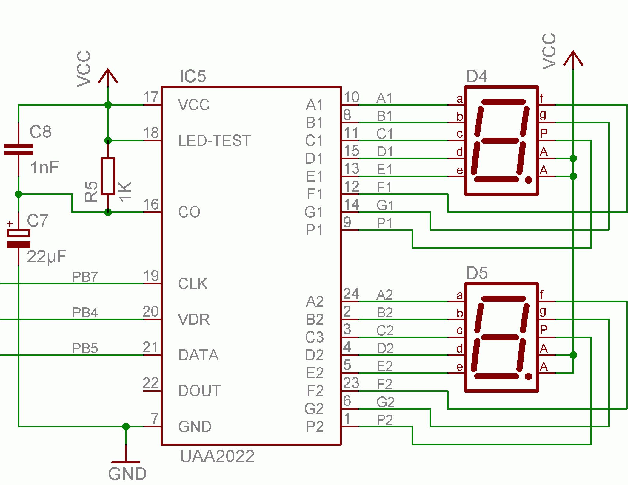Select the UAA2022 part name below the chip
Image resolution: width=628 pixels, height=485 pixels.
point(217,456)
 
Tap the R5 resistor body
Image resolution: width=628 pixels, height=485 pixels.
point(108,176)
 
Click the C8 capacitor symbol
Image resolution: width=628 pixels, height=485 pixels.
point(19,149)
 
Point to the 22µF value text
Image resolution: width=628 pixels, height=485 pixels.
point(46,257)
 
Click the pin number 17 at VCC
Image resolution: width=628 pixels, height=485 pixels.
point(151,97)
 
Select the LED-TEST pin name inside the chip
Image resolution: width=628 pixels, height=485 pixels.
point(214,141)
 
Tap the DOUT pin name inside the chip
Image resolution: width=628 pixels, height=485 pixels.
point(199,391)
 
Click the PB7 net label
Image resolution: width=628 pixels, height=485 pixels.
point(85,277)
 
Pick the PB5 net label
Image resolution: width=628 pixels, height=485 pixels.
point(85,348)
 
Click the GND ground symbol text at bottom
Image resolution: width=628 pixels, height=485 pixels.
point(127,474)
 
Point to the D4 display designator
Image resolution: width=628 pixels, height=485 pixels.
point(477,77)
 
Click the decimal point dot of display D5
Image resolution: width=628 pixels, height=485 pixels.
point(528,376)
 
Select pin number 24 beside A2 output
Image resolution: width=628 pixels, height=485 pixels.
point(351,294)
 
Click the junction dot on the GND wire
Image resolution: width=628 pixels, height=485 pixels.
point(126,427)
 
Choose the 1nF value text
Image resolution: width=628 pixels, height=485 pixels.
point(44,168)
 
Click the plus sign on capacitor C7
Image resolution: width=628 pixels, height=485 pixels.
point(10,224)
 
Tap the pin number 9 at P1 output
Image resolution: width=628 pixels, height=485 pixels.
point(347,222)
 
